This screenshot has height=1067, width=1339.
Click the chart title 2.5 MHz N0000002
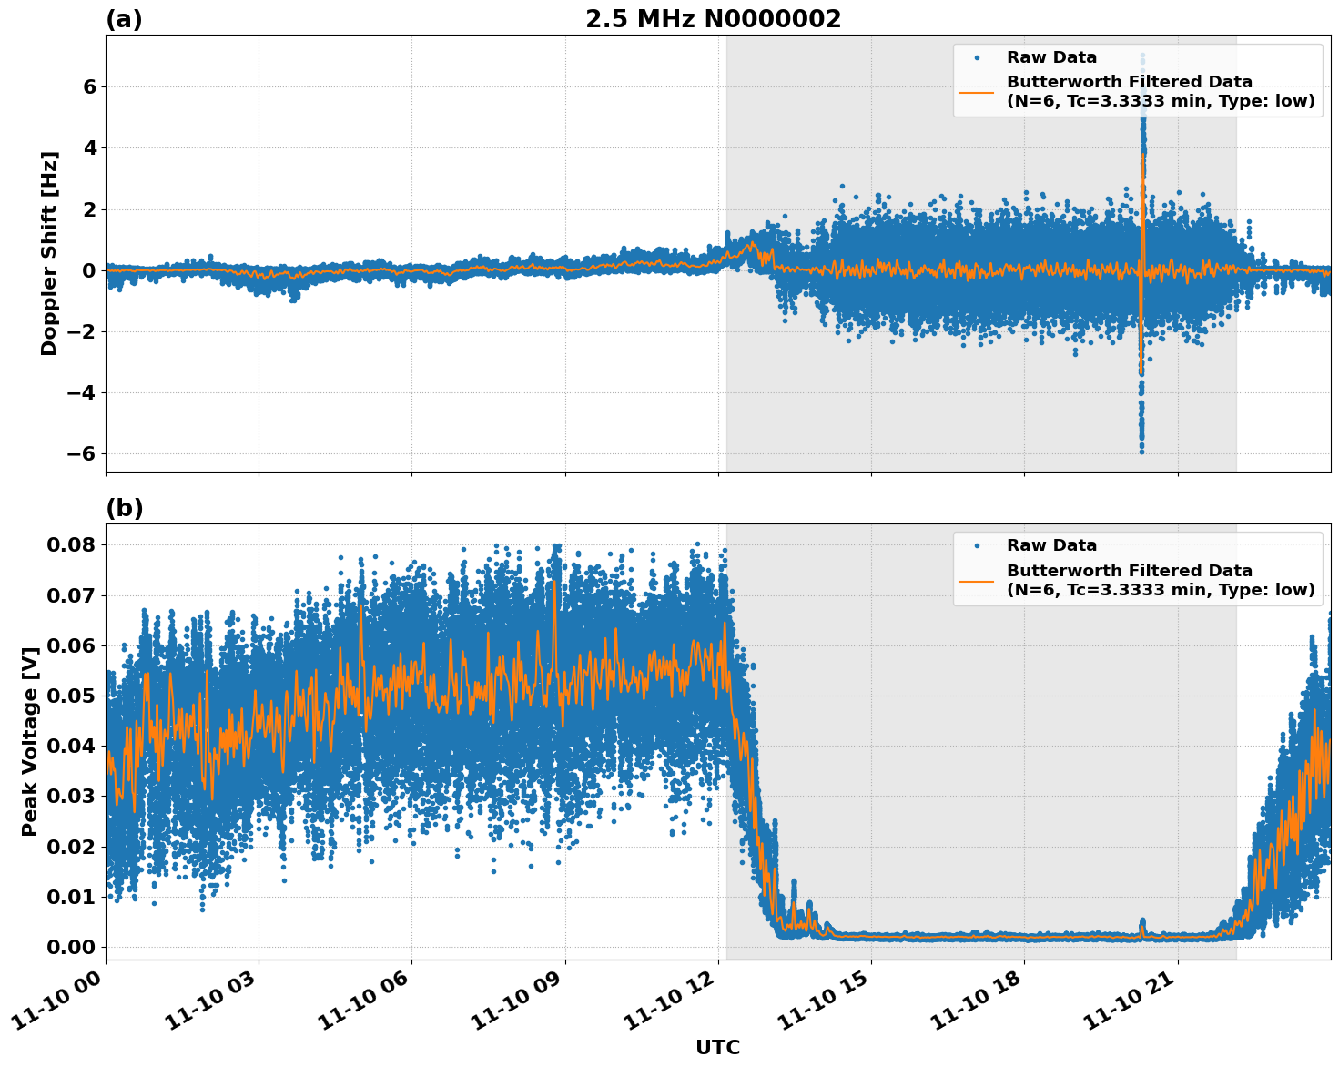713,19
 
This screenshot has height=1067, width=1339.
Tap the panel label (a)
124,19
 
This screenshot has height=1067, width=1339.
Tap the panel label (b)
124,508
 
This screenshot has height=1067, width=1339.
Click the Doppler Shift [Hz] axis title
49,253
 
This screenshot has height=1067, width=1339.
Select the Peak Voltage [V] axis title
30,741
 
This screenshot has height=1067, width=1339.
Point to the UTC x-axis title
717,1047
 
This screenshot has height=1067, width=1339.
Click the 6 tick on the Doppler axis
89,87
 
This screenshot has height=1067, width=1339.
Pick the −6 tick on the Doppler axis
80,454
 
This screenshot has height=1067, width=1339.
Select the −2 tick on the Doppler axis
80,332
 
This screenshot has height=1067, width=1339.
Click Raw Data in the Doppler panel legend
1051,57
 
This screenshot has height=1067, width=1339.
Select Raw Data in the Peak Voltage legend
1051,545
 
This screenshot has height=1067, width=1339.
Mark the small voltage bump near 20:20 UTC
1143,925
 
